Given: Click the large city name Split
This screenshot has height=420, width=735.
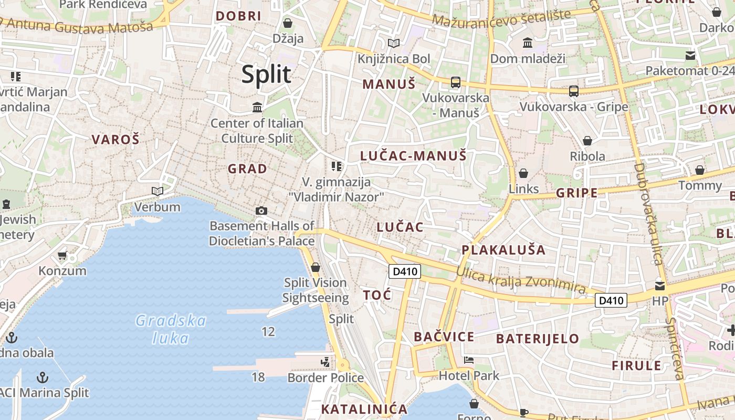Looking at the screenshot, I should [x=266, y=75].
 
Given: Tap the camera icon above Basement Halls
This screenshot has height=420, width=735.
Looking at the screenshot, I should [x=261, y=211].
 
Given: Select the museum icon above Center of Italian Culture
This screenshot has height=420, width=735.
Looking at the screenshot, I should [x=257, y=108].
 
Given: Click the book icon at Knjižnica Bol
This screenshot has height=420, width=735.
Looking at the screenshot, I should [x=393, y=43].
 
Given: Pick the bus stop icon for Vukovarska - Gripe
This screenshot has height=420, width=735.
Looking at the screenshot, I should [x=573, y=91].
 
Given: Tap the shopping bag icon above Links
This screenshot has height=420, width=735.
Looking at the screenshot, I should [x=523, y=173].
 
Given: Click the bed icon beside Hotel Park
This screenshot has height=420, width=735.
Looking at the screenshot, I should [x=469, y=360].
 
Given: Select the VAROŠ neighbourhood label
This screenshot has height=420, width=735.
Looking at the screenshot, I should [x=115, y=139].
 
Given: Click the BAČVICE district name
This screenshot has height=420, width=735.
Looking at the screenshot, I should [x=444, y=337].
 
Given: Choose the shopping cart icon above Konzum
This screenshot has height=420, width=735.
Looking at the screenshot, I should [x=62, y=256].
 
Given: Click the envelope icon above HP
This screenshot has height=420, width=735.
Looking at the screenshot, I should [x=659, y=286].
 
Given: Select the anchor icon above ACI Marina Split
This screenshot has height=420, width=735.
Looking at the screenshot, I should [x=43, y=377].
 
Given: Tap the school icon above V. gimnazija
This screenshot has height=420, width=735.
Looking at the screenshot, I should [x=337, y=166].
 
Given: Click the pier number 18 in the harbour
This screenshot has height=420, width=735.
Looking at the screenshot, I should [x=258, y=377].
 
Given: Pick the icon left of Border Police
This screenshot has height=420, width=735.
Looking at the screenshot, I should [x=325, y=362].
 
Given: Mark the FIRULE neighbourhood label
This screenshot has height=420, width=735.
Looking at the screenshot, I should [x=636, y=365].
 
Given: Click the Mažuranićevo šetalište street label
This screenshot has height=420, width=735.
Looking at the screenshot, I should [x=501, y=18].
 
